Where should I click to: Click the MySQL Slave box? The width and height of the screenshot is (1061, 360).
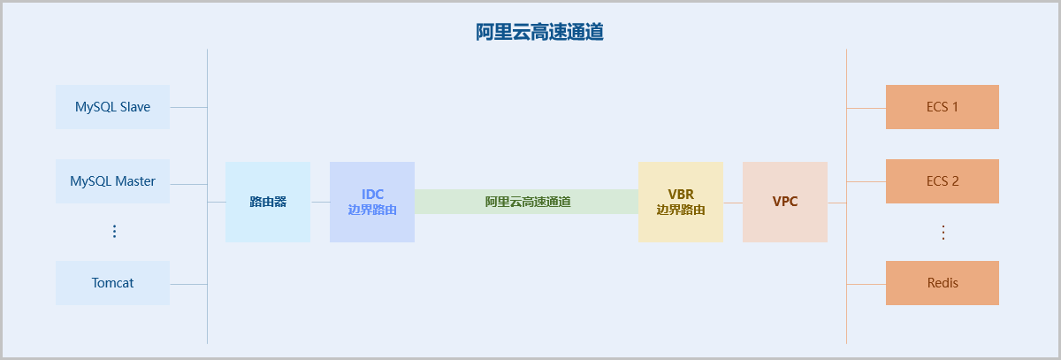[112, 107]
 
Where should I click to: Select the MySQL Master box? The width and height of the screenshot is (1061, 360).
[112, 181]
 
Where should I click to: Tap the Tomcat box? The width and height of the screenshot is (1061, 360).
[112, 283]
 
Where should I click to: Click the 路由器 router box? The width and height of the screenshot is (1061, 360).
[267, 202]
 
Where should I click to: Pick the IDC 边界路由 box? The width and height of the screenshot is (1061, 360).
[371, 202]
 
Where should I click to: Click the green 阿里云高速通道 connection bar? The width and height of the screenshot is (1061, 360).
[527, 202]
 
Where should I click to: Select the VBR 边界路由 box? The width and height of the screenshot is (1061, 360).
[680, 202]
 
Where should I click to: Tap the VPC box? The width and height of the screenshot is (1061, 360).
[784, 202]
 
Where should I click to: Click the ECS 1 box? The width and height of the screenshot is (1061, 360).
[942, 107]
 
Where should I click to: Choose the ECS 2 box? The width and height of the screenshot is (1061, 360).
[942, 181]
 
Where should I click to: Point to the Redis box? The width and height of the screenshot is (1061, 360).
[942, 283]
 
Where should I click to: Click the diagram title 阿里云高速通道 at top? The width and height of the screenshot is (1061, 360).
[539, 33]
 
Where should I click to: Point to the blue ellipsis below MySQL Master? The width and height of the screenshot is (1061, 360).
[113, 232]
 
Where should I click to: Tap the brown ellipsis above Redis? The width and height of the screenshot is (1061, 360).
[943, 233]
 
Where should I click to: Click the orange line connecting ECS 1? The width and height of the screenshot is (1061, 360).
[866, 108]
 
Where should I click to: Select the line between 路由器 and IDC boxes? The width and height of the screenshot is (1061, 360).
[320, 203]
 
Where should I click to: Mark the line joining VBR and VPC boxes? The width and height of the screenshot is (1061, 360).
[732, 203]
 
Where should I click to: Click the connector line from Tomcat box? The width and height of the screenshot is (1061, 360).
[187, 284]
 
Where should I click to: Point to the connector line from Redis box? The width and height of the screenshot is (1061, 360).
[866, 284]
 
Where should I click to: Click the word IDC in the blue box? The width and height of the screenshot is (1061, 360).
[372, 194]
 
